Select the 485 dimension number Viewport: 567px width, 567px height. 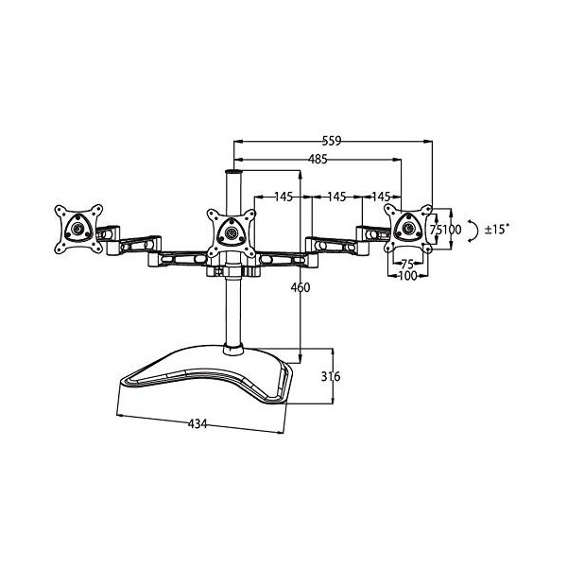(317, 160)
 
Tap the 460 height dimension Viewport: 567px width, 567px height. (301, 287)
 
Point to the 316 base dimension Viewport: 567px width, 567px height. (328, 377)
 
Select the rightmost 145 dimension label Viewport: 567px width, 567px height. (381, 197)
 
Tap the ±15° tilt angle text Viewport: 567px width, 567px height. (498, 229)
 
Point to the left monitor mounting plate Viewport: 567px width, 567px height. (77, 230)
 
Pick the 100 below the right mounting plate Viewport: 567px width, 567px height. (407, 276)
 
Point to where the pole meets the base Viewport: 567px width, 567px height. (232, 350)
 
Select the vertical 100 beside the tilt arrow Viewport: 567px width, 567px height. (452, 229)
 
